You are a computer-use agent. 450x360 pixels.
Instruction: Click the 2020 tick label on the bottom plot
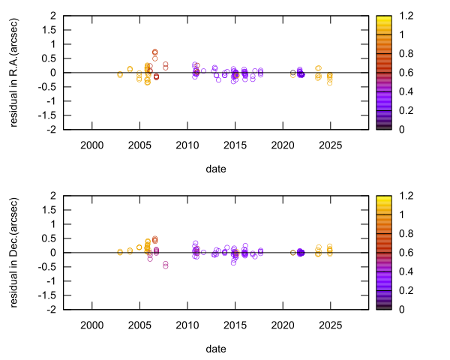click(x=283, y=325)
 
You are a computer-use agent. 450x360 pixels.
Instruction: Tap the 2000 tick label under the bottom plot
click(x=91, y=325)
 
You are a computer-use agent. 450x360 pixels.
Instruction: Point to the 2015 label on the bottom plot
click(x=235, y=325)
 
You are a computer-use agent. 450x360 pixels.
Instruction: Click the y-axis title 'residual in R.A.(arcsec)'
click(x=16, y=73)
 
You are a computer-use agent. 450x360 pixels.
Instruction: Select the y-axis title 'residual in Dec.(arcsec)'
click(x=16, y=253)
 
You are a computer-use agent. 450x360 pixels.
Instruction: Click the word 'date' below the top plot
click(x=211, y=169)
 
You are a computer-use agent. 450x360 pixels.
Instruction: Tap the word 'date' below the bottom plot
click(x=211, y=349)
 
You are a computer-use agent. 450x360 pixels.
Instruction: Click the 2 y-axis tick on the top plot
click(x=54, y=15)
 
